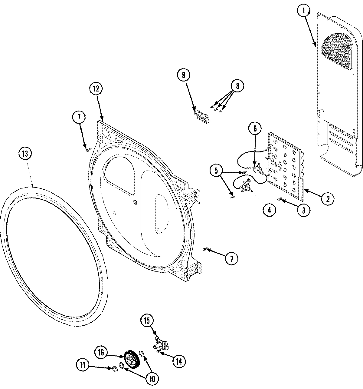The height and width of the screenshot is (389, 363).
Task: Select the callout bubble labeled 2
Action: coord(328,199)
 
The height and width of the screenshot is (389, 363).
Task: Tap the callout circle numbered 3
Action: coord(303,210)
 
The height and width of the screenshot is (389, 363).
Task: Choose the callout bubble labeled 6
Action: coord(255,128)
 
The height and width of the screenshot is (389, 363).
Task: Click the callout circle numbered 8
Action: coord(237,86)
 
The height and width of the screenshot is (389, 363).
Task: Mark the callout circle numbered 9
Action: coord(184,75)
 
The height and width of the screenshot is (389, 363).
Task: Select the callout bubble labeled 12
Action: coord(96,88)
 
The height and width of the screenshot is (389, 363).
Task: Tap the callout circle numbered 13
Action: coord(25,154)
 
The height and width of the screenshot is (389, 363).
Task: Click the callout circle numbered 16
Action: coord(101,352)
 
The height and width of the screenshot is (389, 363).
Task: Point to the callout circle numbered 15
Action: coord(147,321)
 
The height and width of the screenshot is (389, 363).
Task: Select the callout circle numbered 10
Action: coord(152,378)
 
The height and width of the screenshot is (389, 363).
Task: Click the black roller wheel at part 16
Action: coord(131,360)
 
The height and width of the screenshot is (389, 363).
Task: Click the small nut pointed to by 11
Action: coord(114,369)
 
